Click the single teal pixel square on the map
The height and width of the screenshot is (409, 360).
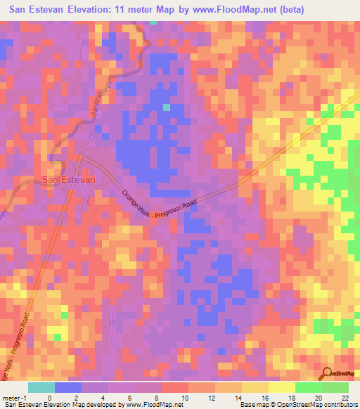click(x=167, y=108)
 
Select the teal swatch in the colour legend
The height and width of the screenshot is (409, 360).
click(x=41, y=387)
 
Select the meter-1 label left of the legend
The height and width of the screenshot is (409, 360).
click(x=15, y=397)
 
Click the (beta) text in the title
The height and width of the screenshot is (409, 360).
click(x=330, y=10)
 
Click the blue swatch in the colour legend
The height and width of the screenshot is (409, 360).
click(x=68, y=387)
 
